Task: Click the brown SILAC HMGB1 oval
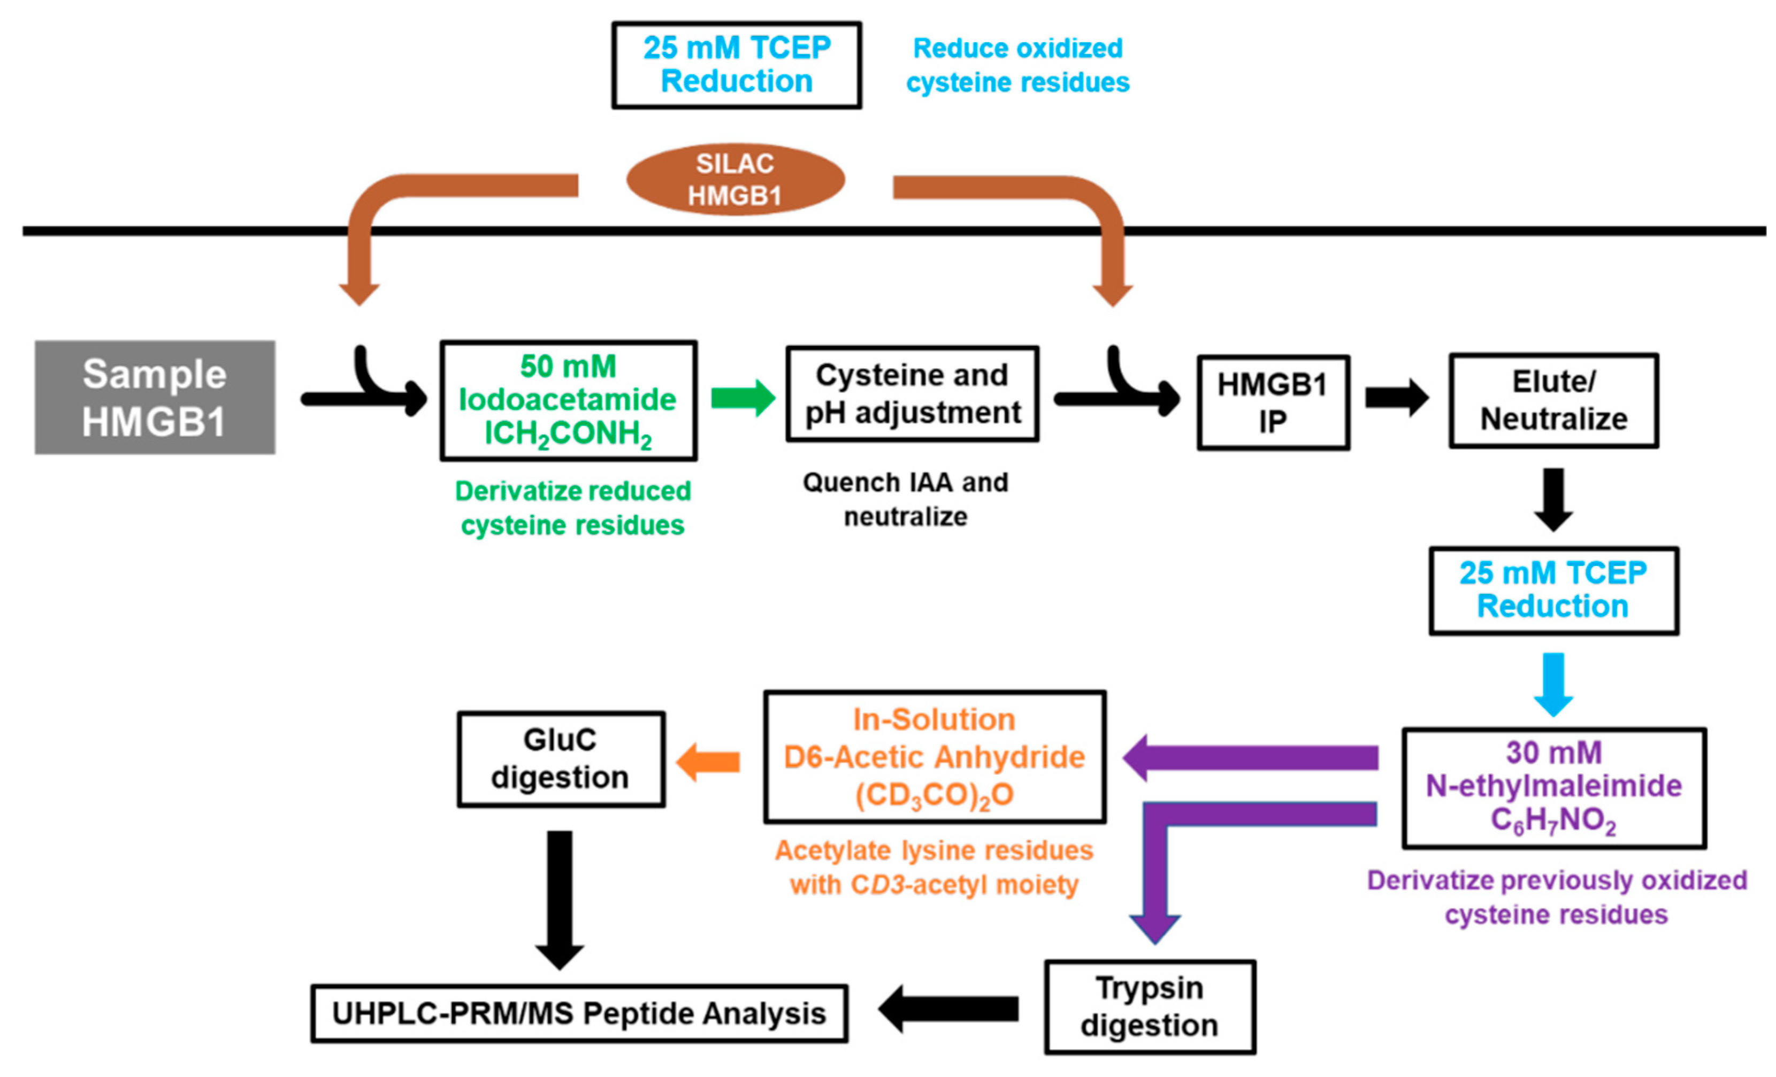pos(735,180)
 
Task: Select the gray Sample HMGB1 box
pos(155,398)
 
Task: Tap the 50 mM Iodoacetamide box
pos(568,400)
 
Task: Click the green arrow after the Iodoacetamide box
pos(742,398)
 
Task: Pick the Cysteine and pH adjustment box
pos(912,394)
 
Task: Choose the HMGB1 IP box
pos(1273,402)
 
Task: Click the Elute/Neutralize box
pos(1553,400)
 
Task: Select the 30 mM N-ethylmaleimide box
pos(1553,788)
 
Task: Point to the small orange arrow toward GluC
pos(708,762)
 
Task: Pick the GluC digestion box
pos(561,758)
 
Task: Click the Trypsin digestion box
pos(1150,1006)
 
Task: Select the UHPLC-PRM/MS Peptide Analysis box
pos(579,1013)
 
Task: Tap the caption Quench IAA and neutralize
pos(905,499)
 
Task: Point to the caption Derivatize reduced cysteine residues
pos(572,508)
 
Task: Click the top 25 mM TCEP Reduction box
pos(736,65)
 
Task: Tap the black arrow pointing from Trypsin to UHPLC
pos(948,1009)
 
